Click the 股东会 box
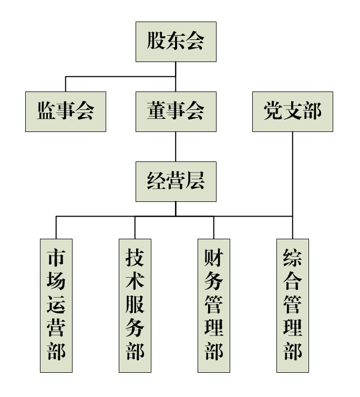176,42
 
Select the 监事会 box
66,111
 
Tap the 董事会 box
176,111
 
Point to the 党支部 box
292,111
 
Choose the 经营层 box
176,181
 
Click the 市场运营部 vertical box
56,306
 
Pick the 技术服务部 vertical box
135,306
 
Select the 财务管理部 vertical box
214,306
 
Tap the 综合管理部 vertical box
293,306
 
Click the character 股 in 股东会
156,42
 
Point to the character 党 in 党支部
273,111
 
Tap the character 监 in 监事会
46,111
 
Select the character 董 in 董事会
156,111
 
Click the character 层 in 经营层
195,181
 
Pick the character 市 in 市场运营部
56,259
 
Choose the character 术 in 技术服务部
135,282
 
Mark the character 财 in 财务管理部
214,259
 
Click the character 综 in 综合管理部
293,259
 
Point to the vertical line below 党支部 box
293,174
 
